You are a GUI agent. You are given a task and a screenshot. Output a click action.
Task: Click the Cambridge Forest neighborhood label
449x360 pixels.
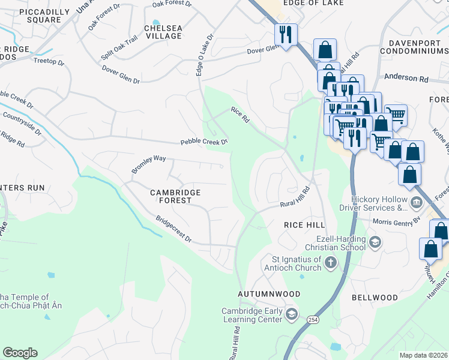coord(175,196)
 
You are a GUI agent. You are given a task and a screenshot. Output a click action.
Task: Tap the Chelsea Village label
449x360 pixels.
coord(163,32)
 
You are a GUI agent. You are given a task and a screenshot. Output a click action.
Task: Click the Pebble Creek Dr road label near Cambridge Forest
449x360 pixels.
coord(205,142)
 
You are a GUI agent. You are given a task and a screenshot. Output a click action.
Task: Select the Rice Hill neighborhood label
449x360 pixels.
coord(304,224)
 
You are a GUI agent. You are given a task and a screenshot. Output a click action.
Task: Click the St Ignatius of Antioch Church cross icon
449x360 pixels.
coord(331,262)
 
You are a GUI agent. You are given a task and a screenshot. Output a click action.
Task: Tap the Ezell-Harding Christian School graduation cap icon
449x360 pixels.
coord(375,242)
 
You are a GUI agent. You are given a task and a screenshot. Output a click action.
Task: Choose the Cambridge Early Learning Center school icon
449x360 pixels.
coord(291,314)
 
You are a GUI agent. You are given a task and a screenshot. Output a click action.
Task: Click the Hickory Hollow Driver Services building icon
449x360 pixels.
coord(416,203)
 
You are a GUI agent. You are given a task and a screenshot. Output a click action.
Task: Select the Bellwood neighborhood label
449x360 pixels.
coord(375,298)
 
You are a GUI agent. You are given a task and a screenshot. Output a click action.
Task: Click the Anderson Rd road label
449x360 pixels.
coord(406,78)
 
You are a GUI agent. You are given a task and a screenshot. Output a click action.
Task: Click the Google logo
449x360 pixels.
coord(20,353)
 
